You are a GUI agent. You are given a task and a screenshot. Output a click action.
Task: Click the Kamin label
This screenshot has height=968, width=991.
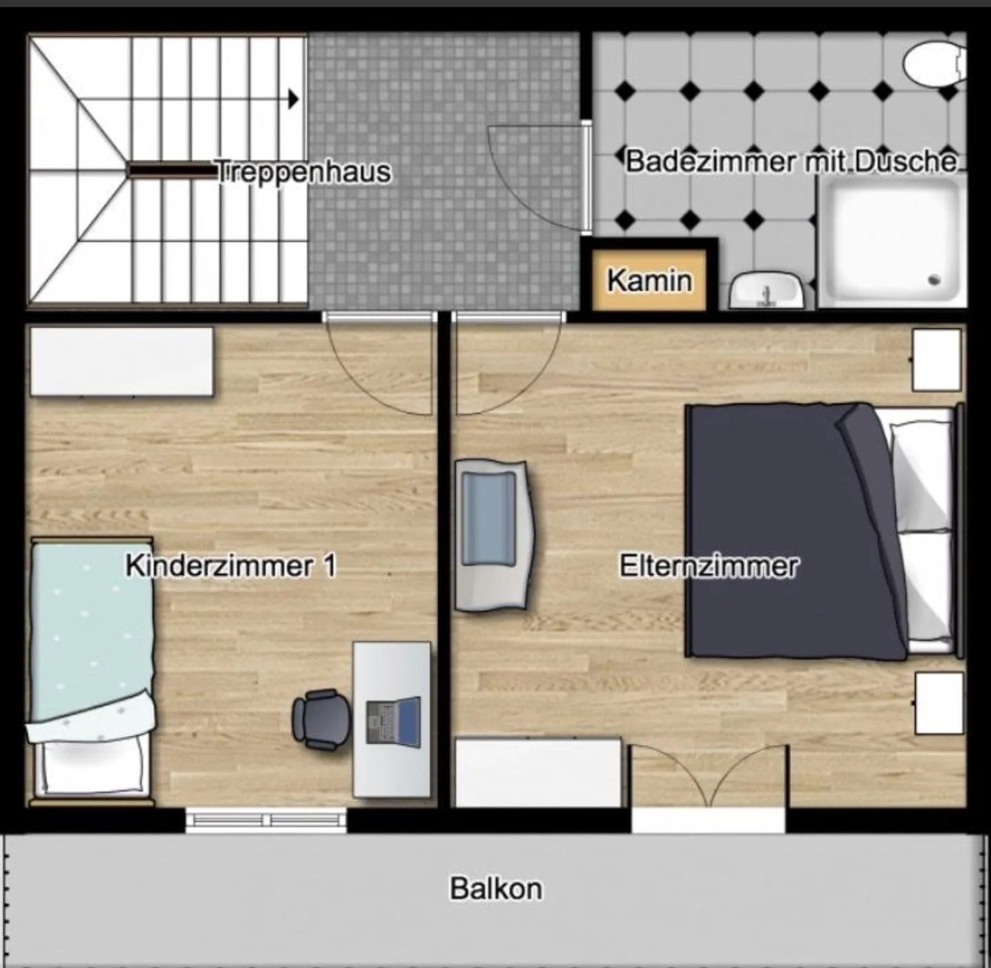pyautogui.click(x=649, y=281)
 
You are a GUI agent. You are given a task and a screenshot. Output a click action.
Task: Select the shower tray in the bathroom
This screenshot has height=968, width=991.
pyautogui.click(x=893, y=241)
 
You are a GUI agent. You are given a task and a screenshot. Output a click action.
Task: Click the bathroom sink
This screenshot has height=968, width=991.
pyautogui.click(x=766, y=291)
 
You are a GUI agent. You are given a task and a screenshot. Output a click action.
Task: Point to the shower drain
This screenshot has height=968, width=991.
pyautogui.click(x=934, y=280)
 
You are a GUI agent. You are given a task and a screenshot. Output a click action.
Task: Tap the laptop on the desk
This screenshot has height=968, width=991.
pyautogui.click(x=394, y=721)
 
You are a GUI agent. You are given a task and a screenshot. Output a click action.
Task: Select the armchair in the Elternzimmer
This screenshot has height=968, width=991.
pyautogui.click(x=493, y=535)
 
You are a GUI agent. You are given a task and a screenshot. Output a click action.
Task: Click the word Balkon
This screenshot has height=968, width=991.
pyautogui.click(x=495, y=888)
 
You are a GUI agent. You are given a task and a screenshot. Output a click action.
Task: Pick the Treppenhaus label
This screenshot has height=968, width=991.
pyautogui.click(x=303, y=172)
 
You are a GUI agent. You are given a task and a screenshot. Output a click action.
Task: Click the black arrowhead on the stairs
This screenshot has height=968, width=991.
pyautogui.click(x=294, y=99)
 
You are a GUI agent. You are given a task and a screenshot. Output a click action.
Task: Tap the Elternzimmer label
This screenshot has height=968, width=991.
pyautogui.click(x=709, y=566)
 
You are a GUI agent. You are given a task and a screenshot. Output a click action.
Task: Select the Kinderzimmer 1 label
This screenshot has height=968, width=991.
pyautogui.click(x=231, y=566)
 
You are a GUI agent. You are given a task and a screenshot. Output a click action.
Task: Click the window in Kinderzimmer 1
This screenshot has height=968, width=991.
pyautogui.click(x=266, y=820)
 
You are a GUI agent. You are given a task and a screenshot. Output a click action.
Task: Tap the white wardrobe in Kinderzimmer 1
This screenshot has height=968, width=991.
pyautogui.click(x=122, y=361)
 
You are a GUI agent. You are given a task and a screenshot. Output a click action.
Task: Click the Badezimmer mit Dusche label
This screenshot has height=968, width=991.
pyautogui.click(x=791, y=162)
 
